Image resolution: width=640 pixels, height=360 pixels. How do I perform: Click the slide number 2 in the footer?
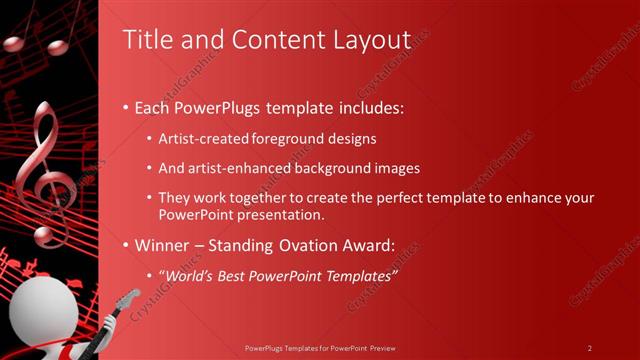pyautogui.click(x=589, y=348)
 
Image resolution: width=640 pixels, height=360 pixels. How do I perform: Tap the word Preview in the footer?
pyautogui.click(x=381, y=348)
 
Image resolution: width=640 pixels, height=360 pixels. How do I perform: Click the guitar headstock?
pyautogui.click(x=129, y=296)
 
